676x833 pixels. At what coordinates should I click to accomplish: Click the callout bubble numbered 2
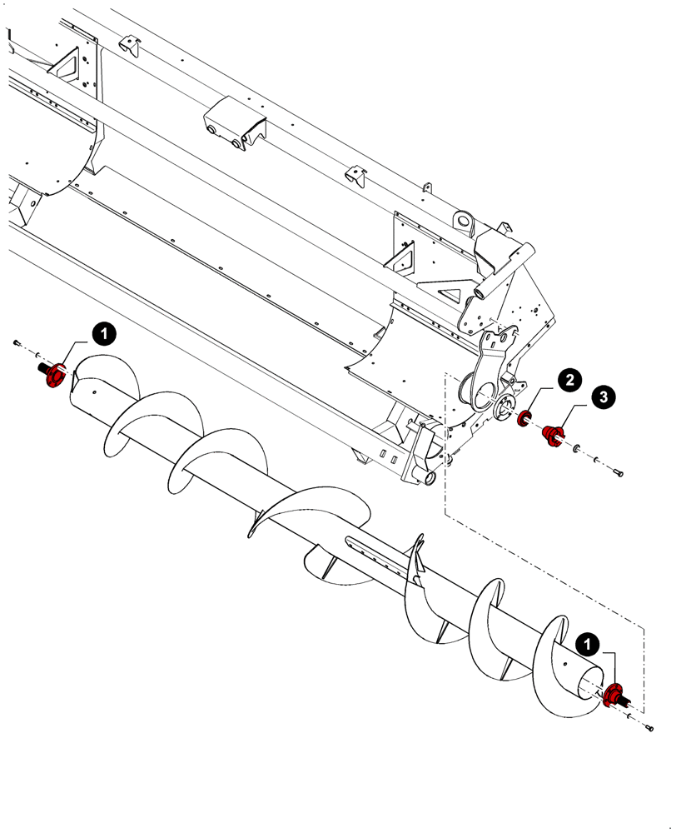[x=569, y=381]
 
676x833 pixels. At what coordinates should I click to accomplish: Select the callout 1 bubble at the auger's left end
[x=102, y=334]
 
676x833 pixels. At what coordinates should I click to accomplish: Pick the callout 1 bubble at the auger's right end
[x=589, y=644]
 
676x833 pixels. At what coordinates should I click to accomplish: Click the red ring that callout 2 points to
[x=525, y=418]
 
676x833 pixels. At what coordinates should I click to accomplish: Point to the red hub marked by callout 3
[x=552, y=435]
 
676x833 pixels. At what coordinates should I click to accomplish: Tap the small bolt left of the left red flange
[x=16, y=342]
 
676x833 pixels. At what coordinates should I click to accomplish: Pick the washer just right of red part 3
[x=575, y=450]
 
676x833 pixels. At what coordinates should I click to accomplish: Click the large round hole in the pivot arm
[x=479, y=389]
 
